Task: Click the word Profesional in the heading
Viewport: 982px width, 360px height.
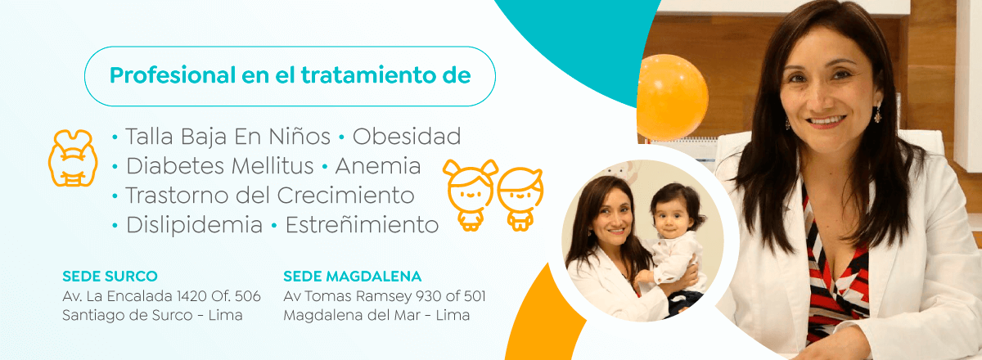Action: tap(173, 75)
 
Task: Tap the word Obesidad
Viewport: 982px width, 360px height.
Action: tap(407, 137)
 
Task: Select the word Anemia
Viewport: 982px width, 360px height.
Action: tap(378, 166)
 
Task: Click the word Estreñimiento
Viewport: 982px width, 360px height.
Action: tap(362, 225)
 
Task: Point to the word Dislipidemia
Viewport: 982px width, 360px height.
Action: tap(194, 225)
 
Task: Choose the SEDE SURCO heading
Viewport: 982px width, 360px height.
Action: tap(110, 277)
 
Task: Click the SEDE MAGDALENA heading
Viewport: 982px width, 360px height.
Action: tap(353, 277)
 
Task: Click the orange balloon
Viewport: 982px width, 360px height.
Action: tap(672, 97)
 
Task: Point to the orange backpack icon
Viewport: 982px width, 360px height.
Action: tap(73, 158)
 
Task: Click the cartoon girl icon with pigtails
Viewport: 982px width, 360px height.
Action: tap(471, 195)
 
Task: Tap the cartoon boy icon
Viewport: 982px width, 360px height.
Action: tap(520, 199)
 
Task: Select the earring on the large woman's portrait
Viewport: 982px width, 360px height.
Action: tap(877, 114)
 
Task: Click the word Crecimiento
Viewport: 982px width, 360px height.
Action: tap(345, 196)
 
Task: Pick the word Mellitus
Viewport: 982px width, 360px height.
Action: tap(273, 166)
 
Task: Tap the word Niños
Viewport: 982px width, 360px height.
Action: tap(300, 137)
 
